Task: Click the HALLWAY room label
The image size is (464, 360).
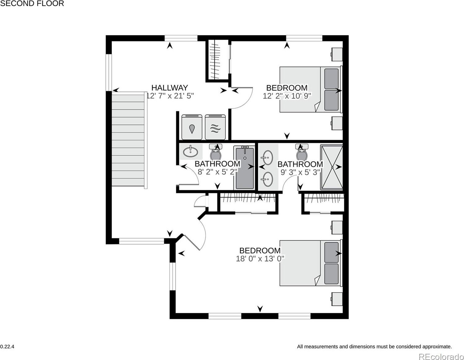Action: coord(169,88)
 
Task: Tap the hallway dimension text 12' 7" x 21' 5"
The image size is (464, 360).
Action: coord(170,96)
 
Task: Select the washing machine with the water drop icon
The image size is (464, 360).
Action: coord(192,127)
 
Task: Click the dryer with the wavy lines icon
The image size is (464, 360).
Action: coord(215,127)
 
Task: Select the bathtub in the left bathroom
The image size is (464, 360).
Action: coord(245,168)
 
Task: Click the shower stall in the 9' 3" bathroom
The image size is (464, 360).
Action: coord(332,167)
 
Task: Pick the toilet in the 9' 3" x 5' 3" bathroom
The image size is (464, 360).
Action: coord(302,152)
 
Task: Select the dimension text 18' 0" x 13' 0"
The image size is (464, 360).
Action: coord(260,259)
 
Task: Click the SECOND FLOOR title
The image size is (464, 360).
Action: coord(32,3)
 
